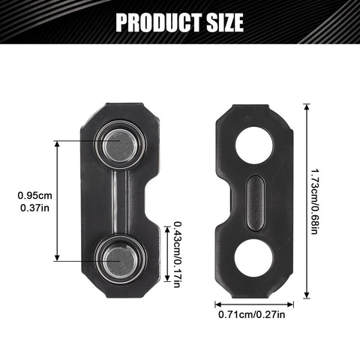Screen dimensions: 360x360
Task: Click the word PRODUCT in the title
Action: tap(159, 22)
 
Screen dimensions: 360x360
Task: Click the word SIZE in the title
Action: tap(225, 22)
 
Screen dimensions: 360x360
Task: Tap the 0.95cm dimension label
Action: tap(35, 196)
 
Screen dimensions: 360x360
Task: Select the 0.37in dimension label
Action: tap(35, 208)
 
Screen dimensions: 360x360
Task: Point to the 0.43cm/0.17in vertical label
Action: tap(177, 254)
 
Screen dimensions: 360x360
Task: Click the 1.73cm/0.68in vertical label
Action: tap(314, 202)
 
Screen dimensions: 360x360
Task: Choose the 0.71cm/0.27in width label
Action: tap(252, 314)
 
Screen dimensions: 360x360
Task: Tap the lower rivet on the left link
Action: tap(121, 260)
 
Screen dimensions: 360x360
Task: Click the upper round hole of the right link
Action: tap(254, 145)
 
